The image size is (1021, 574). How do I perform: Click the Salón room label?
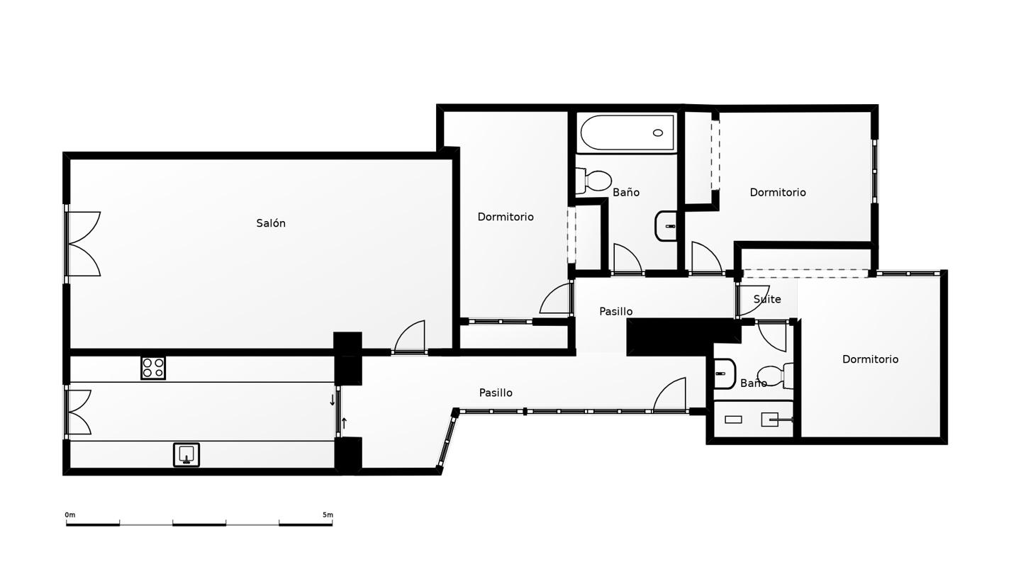coord(271,223)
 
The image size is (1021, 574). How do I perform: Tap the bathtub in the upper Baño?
coord(627,133)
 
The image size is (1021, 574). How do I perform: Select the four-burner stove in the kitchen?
coord(153,368)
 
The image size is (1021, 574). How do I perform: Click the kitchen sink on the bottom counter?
coord(186,455)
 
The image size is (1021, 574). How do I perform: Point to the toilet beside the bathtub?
coord(593,181)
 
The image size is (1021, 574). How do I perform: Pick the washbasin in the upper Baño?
coord(666,226)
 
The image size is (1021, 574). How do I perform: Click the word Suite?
coord(767,299)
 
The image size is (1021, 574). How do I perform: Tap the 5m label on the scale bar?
coord(328,514)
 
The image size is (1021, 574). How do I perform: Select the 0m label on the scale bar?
coord(69,514)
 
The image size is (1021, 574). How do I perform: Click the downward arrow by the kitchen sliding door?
coord(333,400)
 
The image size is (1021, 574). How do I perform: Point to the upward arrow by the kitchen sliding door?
coord(344,423)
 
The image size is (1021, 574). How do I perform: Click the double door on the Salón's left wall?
coord(84,244)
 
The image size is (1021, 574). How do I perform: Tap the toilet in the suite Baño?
coord(777,376)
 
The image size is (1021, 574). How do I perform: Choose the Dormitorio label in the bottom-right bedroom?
coord(870,359)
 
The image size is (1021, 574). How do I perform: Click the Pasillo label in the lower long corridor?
coord(496,393)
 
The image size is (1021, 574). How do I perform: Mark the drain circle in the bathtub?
coord(658,133)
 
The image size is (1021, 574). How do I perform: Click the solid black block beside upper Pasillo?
coord(682,337)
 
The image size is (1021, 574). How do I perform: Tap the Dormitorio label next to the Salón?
coord(506,217)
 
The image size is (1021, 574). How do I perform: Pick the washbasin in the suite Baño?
coord(725,373)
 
